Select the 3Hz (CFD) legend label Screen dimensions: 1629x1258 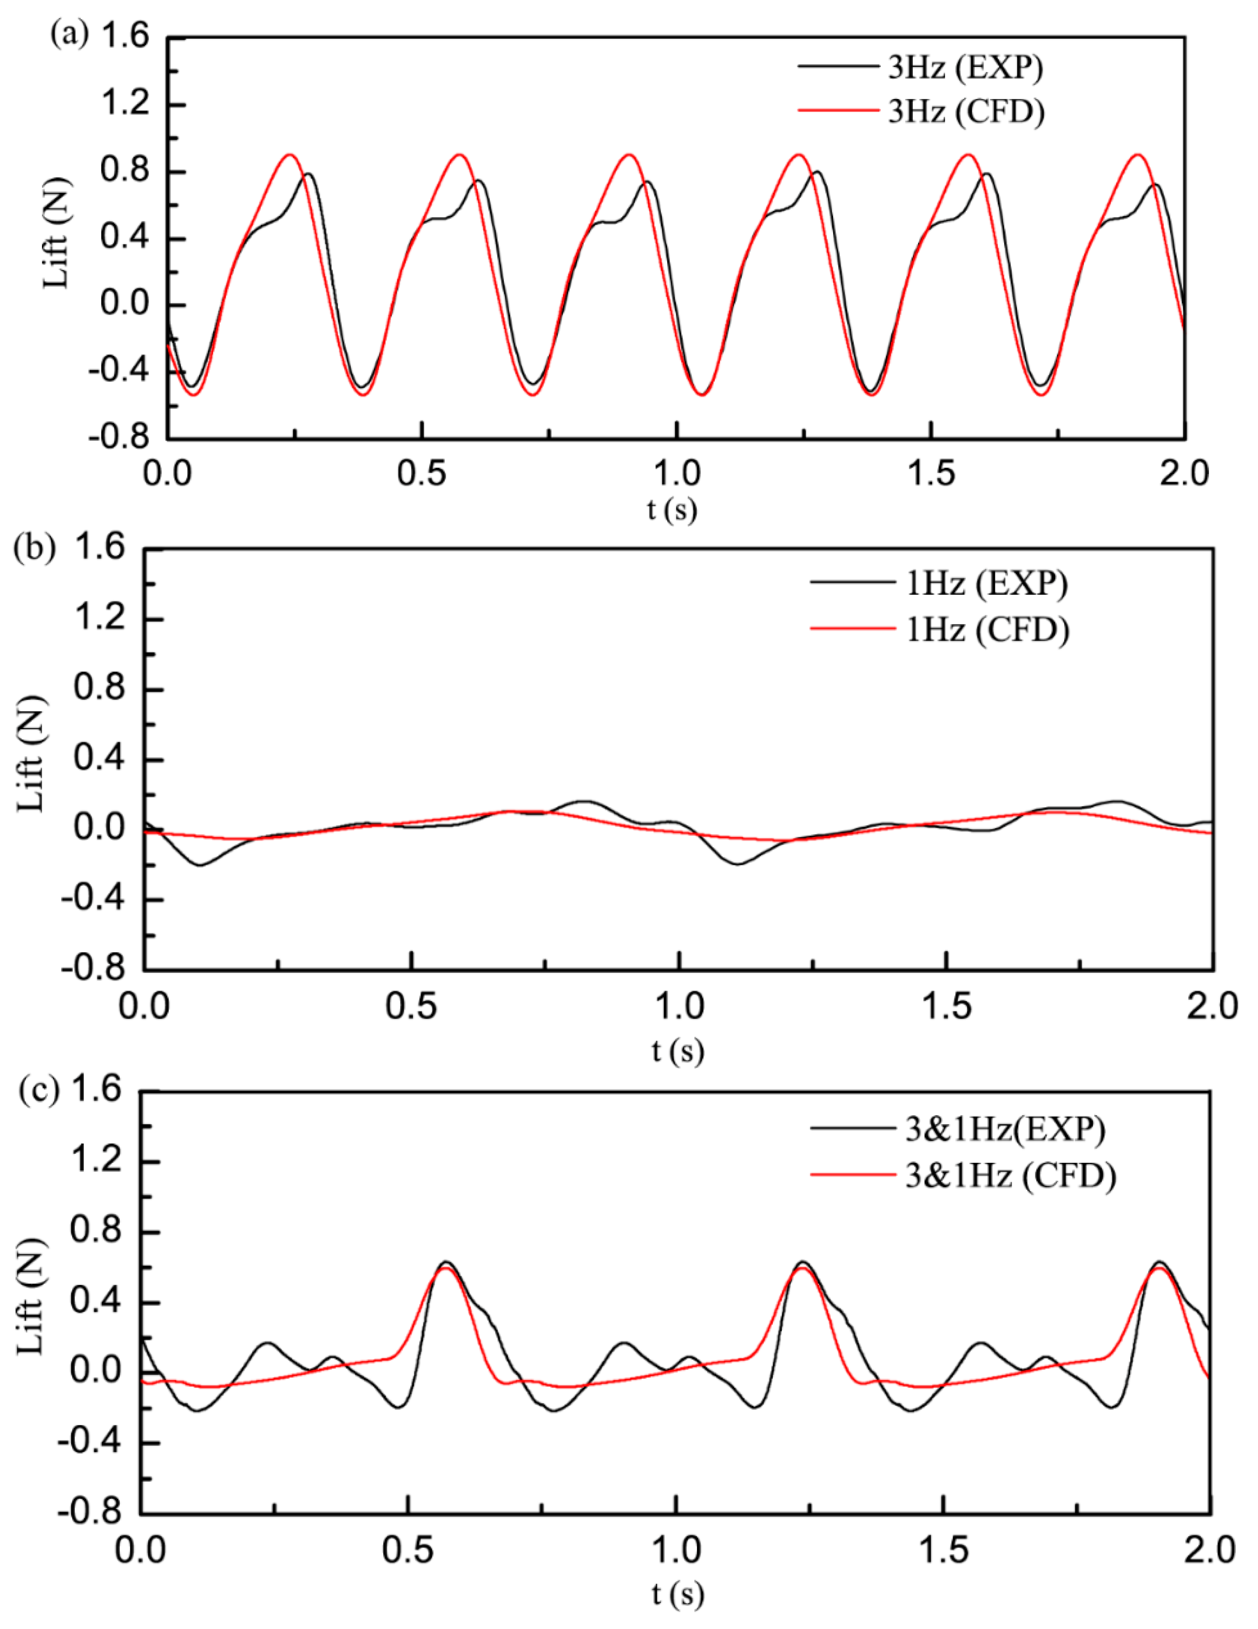click(x=966, y=112)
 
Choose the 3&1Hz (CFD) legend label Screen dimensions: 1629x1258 click(x=1010, y=1176)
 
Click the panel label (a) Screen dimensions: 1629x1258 click(x=69, y=33)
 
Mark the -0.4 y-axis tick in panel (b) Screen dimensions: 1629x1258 click(x=99, y=899)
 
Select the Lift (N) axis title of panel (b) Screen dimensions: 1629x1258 click(x=31, y=755)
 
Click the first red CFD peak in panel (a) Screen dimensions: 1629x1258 click(x=290, y=155)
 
